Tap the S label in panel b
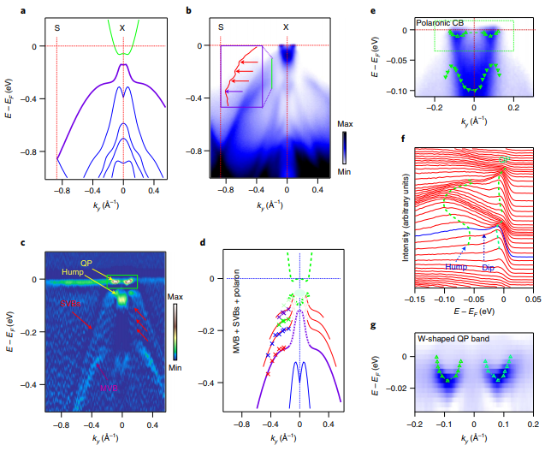(221, 27)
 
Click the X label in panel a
(122, 27)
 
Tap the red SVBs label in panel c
(71, 302)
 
